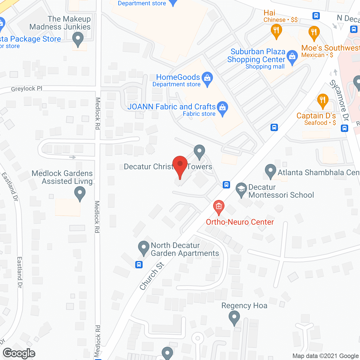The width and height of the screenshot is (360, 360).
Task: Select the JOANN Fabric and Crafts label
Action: click(171, 107)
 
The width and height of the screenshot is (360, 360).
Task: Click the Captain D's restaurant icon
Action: click(323, 100)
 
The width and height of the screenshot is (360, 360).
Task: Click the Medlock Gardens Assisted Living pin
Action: click(80, 194)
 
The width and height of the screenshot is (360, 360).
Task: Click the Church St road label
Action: click(152, 276)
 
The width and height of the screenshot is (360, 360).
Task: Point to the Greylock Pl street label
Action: click(27, 89)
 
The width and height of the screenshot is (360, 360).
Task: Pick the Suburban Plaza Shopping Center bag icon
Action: click(292, 57)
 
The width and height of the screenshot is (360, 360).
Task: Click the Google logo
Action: click(19, 353)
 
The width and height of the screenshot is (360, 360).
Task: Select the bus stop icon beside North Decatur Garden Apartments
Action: click(139, 265)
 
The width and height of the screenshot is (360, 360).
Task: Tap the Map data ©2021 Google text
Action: click(326, 356)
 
